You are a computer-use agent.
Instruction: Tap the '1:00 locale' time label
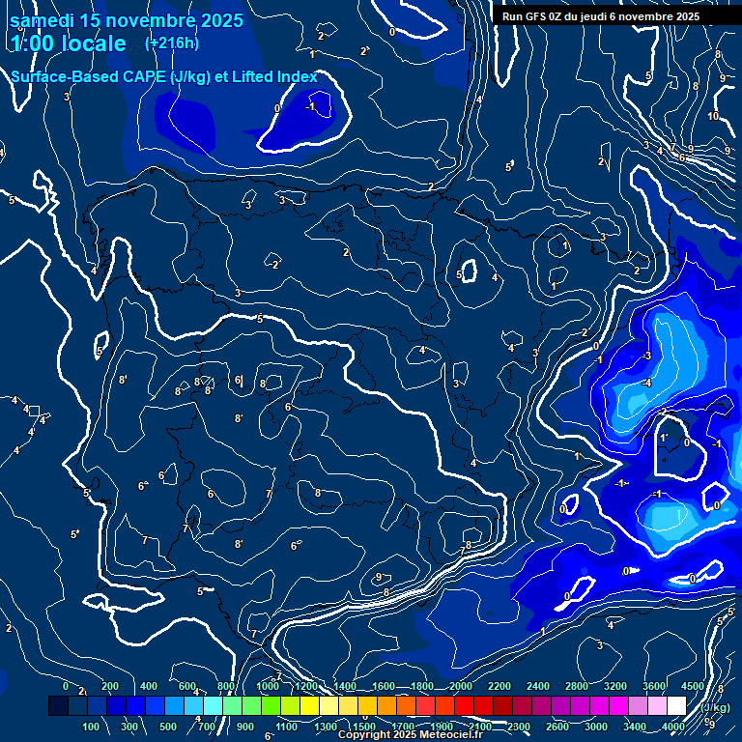[x=70, y=43]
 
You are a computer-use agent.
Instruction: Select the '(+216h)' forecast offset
[x=173, y=43]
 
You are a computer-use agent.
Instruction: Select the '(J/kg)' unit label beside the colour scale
[x=714, y=706]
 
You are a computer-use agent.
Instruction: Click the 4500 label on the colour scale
[x=693, y=686]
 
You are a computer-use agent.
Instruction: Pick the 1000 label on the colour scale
[x=268, y=686]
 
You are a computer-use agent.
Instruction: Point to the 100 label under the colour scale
[x=91, y=727]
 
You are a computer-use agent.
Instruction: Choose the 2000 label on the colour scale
[x=461, y=686]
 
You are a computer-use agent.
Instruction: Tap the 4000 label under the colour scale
[x=673, y=727]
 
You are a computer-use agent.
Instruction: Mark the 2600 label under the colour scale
[x=557, y=727]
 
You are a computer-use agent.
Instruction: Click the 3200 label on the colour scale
[x=615, y=686]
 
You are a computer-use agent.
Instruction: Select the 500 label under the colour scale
[x=168, y=727]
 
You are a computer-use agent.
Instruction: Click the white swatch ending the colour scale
[x=676, y=706]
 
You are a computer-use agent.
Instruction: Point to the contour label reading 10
[x=713, y=116]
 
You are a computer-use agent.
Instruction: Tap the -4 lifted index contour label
[x=646, y=384]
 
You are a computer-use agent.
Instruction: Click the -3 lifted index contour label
[x=645, y=356]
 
